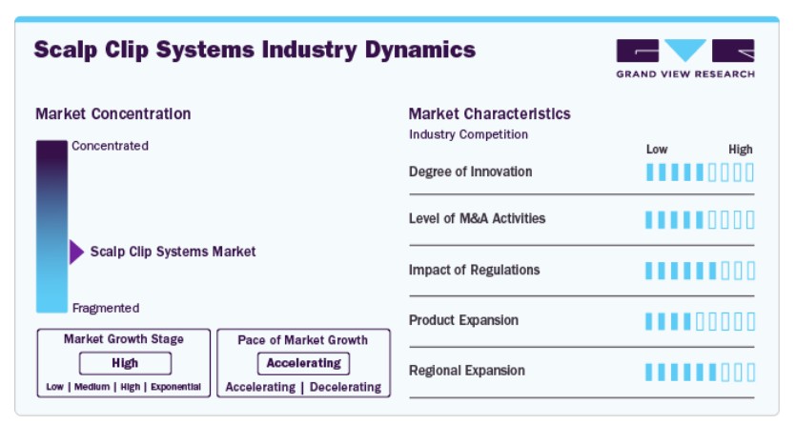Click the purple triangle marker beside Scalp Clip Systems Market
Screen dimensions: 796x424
click(76, 252)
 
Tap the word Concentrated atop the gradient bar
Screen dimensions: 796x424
click(111, 146)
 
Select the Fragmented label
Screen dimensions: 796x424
click(106, 308)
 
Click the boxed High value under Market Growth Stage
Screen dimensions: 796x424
click(125, 363)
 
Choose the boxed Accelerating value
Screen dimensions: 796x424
click(303, 363)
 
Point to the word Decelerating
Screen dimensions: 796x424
click(346, 387)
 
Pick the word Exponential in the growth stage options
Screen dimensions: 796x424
click(175, 387)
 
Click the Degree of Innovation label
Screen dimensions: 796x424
click(471, 172)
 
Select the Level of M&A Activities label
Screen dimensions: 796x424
click(478, 218)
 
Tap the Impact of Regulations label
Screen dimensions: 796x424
click(474, 270)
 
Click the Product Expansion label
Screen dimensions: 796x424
click(463, 320)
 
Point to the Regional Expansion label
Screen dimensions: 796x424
click(467, 371)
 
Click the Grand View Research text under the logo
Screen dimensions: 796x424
click(685, 74)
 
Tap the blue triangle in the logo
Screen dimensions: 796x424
click(685, 50)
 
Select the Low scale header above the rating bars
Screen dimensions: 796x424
click(657, 150)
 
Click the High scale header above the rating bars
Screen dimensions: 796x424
click(741, 150)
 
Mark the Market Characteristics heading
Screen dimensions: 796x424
click(489, 114)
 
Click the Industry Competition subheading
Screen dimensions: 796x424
click(469, 134)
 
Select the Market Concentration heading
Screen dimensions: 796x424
click(113, 114)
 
